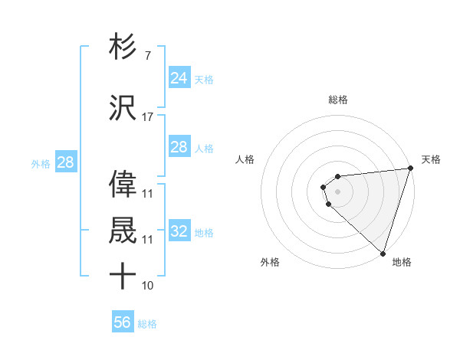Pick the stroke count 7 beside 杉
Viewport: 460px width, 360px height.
point(147,56)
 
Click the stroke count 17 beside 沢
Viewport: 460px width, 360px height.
point(147,116)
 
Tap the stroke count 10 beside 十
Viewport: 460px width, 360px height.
point(147,286)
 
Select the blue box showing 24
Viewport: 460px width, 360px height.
point(179,78)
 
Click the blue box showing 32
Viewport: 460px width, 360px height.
point(179,231)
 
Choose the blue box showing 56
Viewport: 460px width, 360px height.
point(123,322)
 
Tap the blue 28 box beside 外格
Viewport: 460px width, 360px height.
point(65,162)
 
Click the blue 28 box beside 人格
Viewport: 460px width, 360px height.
point(179,147)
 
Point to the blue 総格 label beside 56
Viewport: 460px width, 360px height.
point(147,324)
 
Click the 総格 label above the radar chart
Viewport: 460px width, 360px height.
point(337,100)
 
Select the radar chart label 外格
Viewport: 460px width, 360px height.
point(270,262)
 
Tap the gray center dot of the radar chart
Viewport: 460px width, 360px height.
point(337,190)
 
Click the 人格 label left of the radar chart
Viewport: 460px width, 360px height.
point(245,159)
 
